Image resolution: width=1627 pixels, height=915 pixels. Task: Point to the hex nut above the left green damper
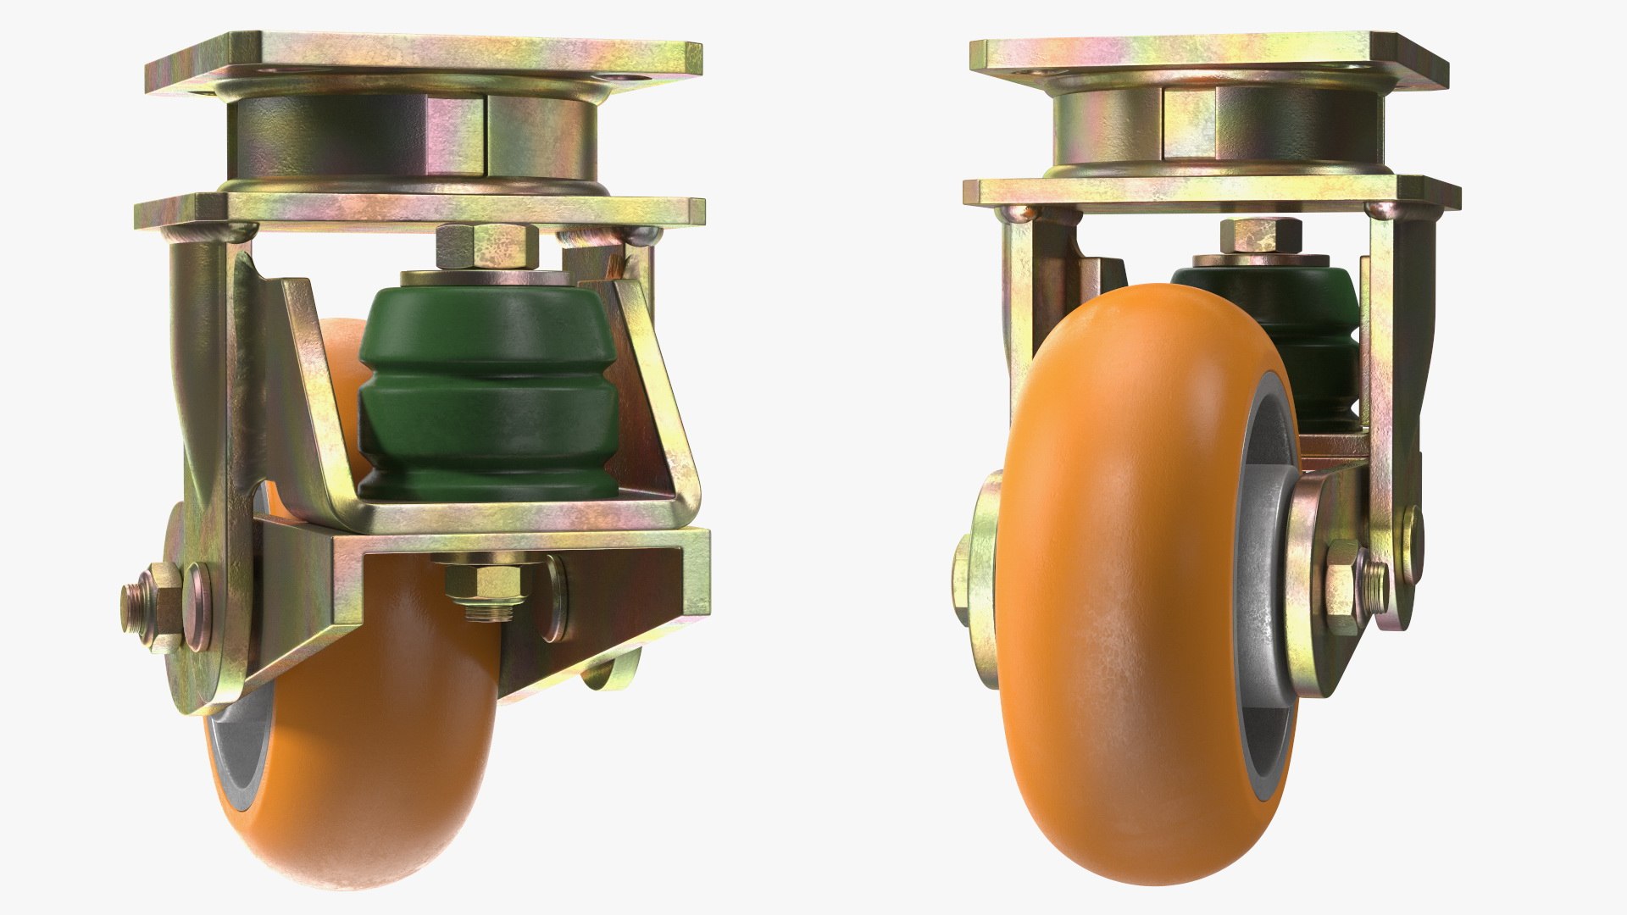click(x=487, y=243)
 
